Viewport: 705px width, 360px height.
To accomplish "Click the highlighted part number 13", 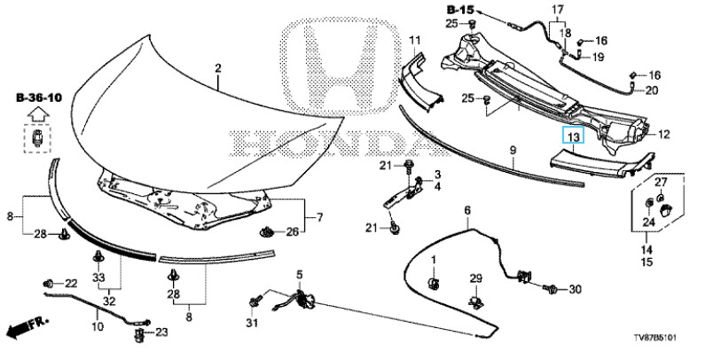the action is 573,135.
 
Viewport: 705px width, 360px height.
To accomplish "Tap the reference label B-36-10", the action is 39,98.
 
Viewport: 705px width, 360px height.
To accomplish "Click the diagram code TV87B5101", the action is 655,338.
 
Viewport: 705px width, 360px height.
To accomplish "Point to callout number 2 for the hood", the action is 218,68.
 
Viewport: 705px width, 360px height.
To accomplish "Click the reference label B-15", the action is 460,9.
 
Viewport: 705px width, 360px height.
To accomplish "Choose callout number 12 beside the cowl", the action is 663,134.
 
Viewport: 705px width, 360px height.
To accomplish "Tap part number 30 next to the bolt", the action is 575,289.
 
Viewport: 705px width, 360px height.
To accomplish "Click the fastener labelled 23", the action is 139,334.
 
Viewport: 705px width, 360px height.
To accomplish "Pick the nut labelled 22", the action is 49,284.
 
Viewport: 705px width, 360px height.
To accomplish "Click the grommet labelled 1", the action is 434,284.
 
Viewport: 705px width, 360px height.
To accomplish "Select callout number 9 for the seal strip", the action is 513,150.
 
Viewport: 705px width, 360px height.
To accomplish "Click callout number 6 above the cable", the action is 467,210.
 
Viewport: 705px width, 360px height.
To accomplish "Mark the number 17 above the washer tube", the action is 558,9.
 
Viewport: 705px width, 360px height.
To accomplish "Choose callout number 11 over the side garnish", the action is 414,41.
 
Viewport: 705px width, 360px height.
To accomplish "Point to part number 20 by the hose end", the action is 651,90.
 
